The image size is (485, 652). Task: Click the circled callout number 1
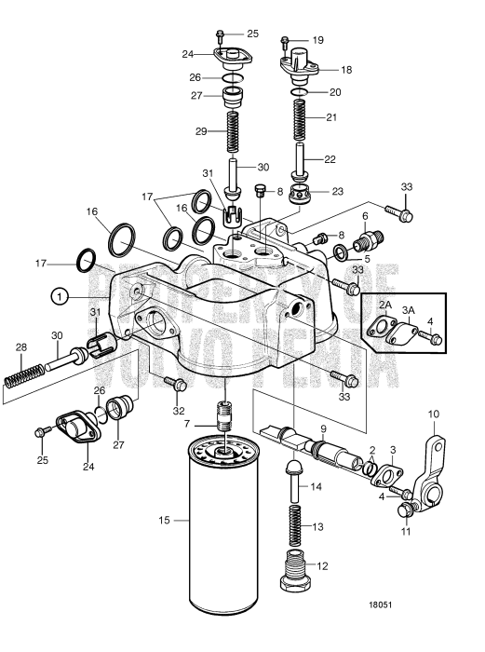(x=60, y=296)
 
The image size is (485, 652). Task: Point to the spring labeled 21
(x=300, y=119)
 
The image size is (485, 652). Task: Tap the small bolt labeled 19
(x=284, y=40)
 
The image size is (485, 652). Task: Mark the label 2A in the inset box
(x=384, y=305)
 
